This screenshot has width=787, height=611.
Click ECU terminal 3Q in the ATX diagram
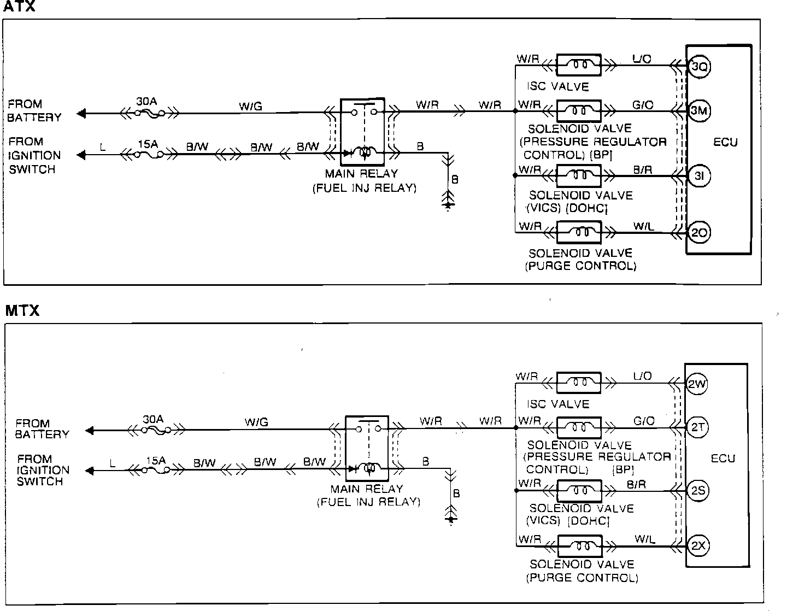699,67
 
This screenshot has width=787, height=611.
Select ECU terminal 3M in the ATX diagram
699,111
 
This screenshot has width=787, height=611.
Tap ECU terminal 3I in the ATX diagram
699,176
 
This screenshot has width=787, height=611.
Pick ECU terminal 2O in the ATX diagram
699,233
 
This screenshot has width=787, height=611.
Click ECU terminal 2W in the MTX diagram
697,384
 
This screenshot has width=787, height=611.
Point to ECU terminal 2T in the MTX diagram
697,427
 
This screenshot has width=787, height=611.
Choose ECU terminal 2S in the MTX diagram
697,491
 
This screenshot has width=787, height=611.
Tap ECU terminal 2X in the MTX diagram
697,545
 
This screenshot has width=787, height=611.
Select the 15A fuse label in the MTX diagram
156,460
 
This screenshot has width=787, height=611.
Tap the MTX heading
22,311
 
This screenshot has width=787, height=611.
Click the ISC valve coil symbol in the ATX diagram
579,66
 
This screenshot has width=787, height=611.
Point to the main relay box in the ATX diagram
363,132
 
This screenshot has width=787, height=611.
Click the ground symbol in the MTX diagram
450,516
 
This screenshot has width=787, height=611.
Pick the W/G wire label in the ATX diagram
250,106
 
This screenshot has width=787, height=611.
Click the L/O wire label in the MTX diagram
642,376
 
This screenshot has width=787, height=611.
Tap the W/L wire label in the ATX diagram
643,226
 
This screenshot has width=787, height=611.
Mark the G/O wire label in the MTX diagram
644,421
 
